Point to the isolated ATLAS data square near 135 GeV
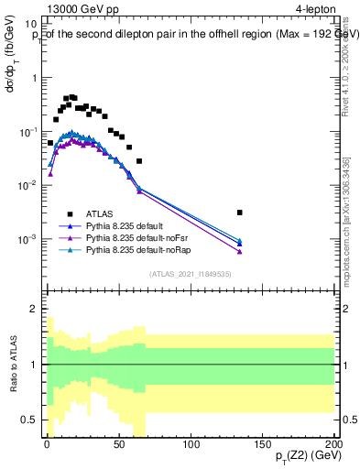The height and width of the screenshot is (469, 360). coord(239,213)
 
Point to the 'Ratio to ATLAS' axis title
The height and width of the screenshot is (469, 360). coord(14,364)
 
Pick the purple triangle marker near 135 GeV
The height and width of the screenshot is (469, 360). coord(239,251)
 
